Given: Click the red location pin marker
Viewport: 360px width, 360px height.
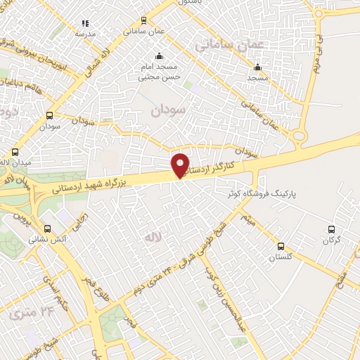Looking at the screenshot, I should (x=181, y=165).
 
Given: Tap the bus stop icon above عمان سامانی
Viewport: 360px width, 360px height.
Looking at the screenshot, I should (x=144, y=21).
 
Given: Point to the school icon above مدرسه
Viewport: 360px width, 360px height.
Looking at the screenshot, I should (x=85, y=23).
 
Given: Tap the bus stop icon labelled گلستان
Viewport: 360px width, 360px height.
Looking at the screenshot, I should (x=281, y=246).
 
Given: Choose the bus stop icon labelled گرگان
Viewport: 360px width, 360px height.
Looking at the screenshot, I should (x=332, y=229).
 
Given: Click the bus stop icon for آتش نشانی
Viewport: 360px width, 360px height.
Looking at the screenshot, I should (x=48, y=229).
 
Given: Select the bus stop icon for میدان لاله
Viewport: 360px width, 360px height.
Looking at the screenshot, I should (x=15, y=152).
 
